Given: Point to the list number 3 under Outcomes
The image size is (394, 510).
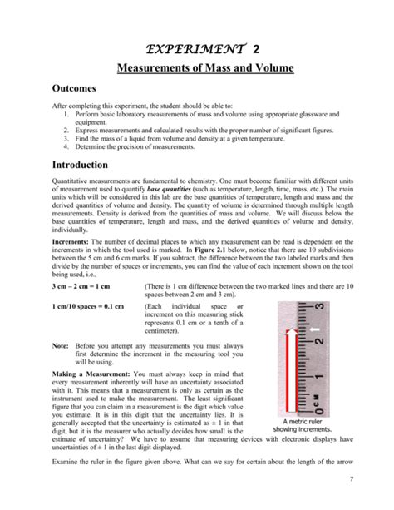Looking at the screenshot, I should click(x=65, y=138).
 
